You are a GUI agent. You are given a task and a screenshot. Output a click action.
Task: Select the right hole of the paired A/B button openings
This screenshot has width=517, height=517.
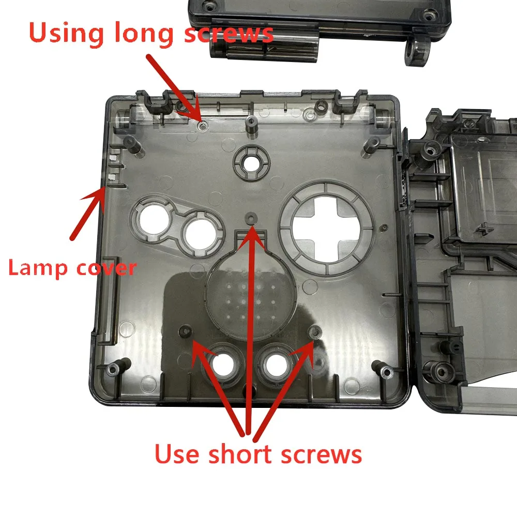pos(201,234)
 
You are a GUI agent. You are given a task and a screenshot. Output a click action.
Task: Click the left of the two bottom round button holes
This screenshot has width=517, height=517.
pos(223,365)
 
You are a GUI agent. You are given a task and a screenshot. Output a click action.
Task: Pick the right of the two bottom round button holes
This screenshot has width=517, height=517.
pos(276,365)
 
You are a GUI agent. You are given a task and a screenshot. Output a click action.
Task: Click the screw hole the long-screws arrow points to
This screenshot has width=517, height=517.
pos(203,125)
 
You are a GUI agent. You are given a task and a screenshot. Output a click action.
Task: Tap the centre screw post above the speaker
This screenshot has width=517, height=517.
pos(251,218)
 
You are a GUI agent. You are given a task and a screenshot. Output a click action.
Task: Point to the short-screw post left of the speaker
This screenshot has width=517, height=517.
pos(185,331)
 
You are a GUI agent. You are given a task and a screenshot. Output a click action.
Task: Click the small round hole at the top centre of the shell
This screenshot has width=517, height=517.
pos(251,162)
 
